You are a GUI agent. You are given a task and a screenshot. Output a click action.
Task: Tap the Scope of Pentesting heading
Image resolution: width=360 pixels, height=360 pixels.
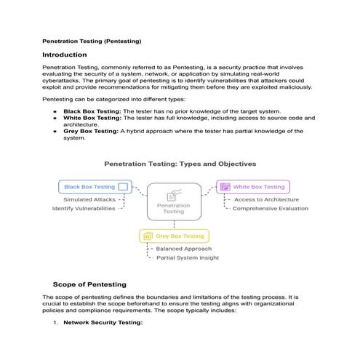click(89, 284)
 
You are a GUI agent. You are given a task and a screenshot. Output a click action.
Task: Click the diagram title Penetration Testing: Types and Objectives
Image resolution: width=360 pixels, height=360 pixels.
click(180, 164)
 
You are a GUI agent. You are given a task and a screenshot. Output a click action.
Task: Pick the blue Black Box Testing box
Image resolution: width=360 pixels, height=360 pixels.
click(95, 187)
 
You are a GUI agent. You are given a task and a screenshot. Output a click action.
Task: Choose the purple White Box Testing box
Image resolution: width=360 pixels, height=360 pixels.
click(253, 187)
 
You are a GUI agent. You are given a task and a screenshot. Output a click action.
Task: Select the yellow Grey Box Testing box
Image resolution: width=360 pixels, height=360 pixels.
click(174, 236)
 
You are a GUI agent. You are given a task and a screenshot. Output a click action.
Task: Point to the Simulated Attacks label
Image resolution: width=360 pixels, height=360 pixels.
click(89, 199)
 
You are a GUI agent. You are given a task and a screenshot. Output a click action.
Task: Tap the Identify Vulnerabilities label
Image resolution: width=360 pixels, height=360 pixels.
click(84, 209)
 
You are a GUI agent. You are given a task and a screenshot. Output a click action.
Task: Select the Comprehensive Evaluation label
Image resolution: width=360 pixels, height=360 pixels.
click(270, 209)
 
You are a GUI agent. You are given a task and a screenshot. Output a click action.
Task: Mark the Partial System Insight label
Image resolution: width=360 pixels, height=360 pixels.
click(187, 257)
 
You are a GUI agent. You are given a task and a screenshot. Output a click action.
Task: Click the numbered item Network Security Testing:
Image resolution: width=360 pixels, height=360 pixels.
click(103, 321)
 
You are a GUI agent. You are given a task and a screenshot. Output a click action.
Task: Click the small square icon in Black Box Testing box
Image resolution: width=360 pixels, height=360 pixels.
click(123, 187)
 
